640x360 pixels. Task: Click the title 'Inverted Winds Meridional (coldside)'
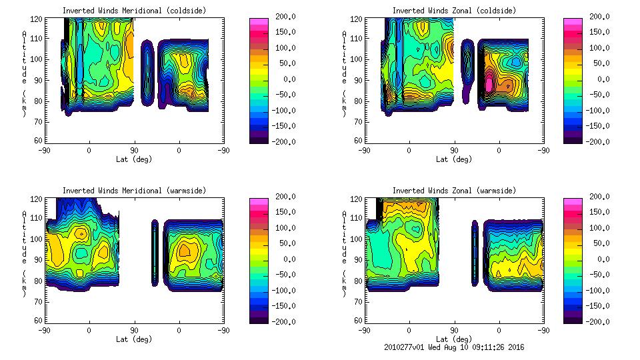pos(134,11)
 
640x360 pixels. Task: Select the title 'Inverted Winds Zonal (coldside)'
pos(454,11)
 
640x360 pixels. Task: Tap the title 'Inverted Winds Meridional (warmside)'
pos(134,191)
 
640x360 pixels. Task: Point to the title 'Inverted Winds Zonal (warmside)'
pos(454,191)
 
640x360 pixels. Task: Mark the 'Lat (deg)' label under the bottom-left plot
pos(134,339)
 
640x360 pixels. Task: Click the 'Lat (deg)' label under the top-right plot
pos(454,159)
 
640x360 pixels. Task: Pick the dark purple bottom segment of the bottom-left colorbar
pos(258,319)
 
